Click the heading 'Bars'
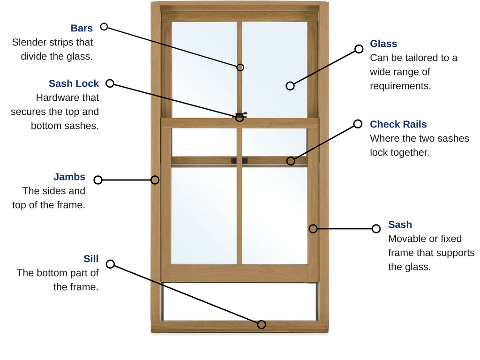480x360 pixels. pyautogui.click(x=82, y=28)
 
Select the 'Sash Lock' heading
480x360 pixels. pyautogui.click(x=74, y=83)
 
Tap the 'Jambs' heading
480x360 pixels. pyautogui.click(x=69, y=177)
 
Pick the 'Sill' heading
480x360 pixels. pyautogui.click(x=91, y=259)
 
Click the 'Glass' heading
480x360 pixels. pyautogui.click(x=383, y=44)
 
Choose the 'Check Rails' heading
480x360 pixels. pyautogui.click(x=398, y=124)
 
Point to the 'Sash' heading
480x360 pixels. pyautogui.click(x=400, y=225)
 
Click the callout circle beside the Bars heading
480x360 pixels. pyautogui.click(x=104, y=27)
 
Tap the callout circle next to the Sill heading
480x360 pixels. pyautogui.click(x=110, y=264)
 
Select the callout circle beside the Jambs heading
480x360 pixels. pyautogui.click(x=98, y=180)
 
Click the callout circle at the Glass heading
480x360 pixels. pyautogui.click(x=359, y=49)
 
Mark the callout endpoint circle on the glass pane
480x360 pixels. pyautogui.click(x=290, y=86)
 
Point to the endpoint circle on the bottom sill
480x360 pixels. pyautogui.click(x=262, y=324)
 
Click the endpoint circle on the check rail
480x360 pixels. pyautogui.click(x=291, y=161)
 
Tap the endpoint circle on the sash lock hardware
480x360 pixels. pyautogui.click(x=240, y=117)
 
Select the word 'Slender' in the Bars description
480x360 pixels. pyautogui.click(x=30, y=42)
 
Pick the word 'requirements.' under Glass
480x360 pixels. pyautogui.click(x=400, y=86)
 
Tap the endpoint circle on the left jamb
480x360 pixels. pyautogui.click(x=155, y=180)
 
